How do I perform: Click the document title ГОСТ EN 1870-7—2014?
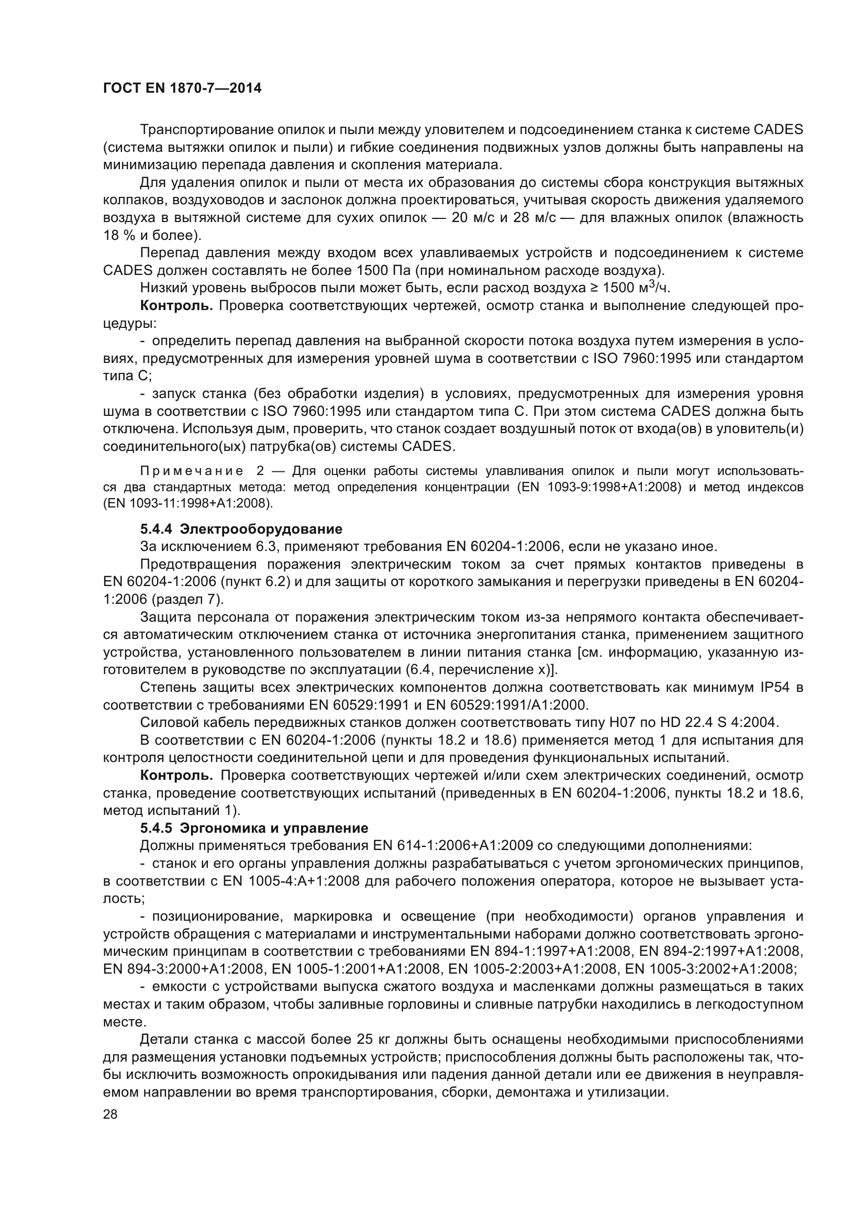[182, 89]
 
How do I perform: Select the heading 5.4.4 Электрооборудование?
[241, 529]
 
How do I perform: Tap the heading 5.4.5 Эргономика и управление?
[254, 828]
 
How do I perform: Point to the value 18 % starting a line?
[118, 235]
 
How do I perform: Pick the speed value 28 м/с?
[537, 218]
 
